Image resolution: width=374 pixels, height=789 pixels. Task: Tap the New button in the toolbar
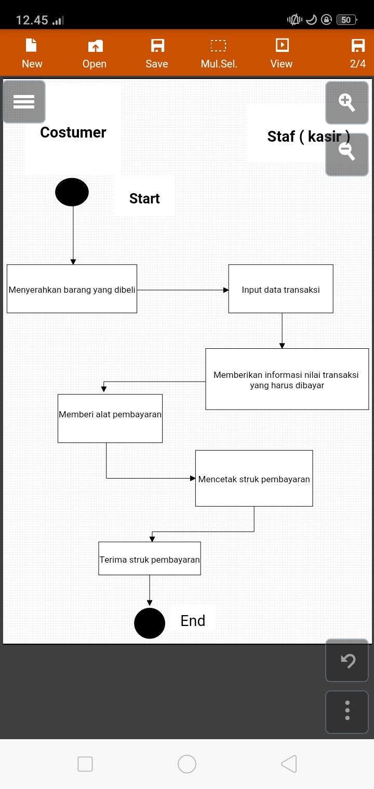32,53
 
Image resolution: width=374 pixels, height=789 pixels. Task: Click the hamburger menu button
24,102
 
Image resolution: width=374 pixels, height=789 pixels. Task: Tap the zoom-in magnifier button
346,103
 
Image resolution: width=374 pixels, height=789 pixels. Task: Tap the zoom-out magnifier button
346,154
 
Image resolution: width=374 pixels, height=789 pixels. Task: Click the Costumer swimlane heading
73,132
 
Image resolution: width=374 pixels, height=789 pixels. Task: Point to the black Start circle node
72,192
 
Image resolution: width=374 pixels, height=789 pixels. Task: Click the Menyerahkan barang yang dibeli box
72,289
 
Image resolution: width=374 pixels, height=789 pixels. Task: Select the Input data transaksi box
280,289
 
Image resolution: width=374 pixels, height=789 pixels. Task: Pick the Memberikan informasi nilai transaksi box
287,379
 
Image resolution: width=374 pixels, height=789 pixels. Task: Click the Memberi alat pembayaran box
110,418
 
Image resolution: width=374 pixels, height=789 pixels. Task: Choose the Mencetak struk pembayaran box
254,479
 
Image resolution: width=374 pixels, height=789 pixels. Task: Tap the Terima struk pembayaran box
150,559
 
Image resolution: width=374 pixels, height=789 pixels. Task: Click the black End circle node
150,623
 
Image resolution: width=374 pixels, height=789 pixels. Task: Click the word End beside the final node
193,621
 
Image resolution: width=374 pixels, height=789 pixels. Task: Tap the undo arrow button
347,660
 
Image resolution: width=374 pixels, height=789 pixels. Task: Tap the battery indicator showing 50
346,20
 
